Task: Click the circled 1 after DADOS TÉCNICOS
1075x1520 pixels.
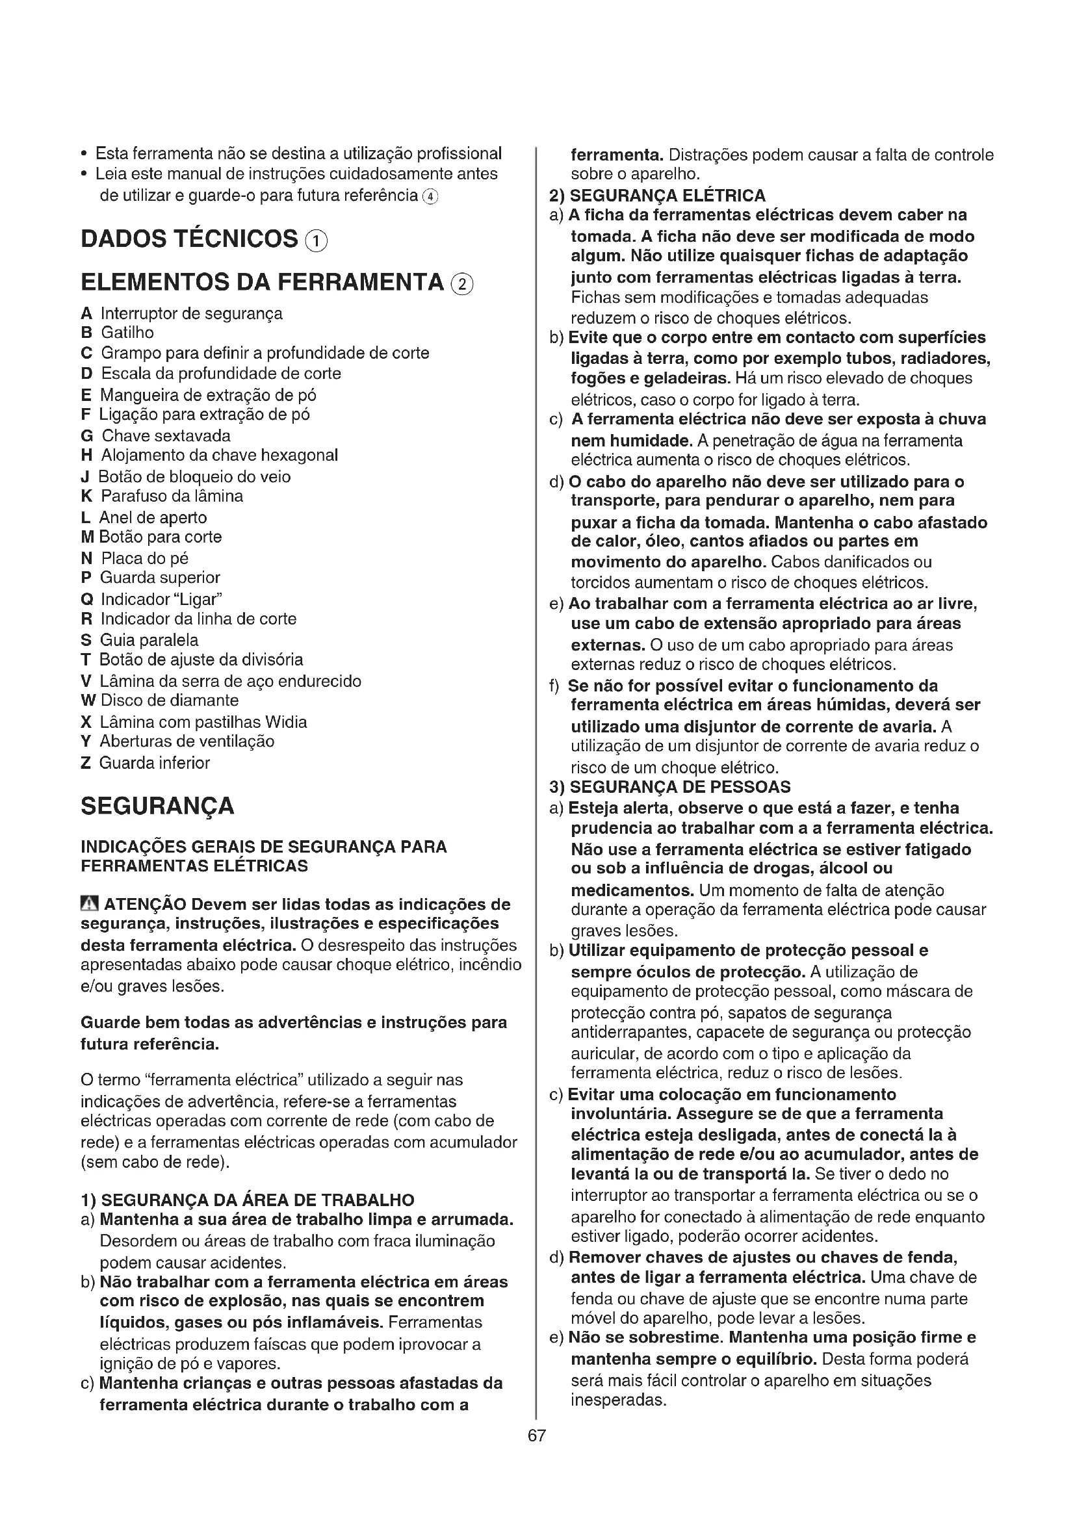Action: click(316, 241)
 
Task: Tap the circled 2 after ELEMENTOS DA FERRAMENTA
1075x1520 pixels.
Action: click(462, 285)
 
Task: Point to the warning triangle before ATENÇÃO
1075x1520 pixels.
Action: click(89, 905)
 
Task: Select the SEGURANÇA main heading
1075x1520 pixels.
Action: click(157, 806)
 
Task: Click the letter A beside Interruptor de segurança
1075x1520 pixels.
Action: click(86, 314)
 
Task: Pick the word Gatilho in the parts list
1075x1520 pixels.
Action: click(127, 333)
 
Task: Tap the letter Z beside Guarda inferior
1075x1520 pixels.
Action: click(85, 764)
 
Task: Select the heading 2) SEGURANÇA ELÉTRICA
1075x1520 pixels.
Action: click(657, 196)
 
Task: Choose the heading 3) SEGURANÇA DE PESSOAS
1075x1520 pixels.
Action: click(670, 787)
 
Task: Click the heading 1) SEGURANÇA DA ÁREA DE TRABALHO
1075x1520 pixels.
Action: click(248, 1200)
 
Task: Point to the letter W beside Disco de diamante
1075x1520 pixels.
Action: click(87, 701)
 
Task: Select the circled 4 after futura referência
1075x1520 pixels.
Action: click(430, 197)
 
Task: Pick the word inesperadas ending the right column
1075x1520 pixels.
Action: click(617, 1400)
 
